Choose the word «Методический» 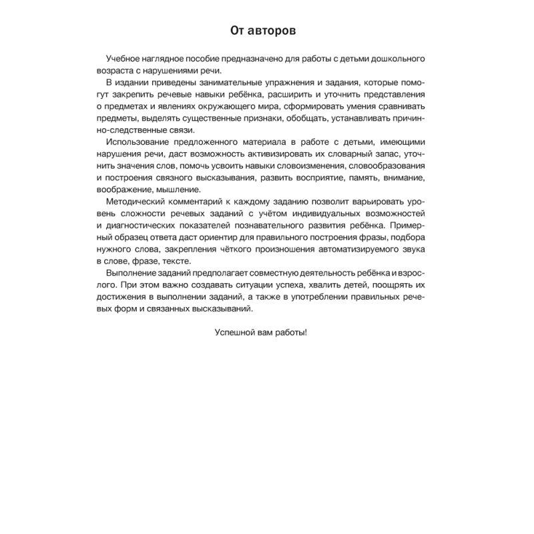(x=133, y=202)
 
